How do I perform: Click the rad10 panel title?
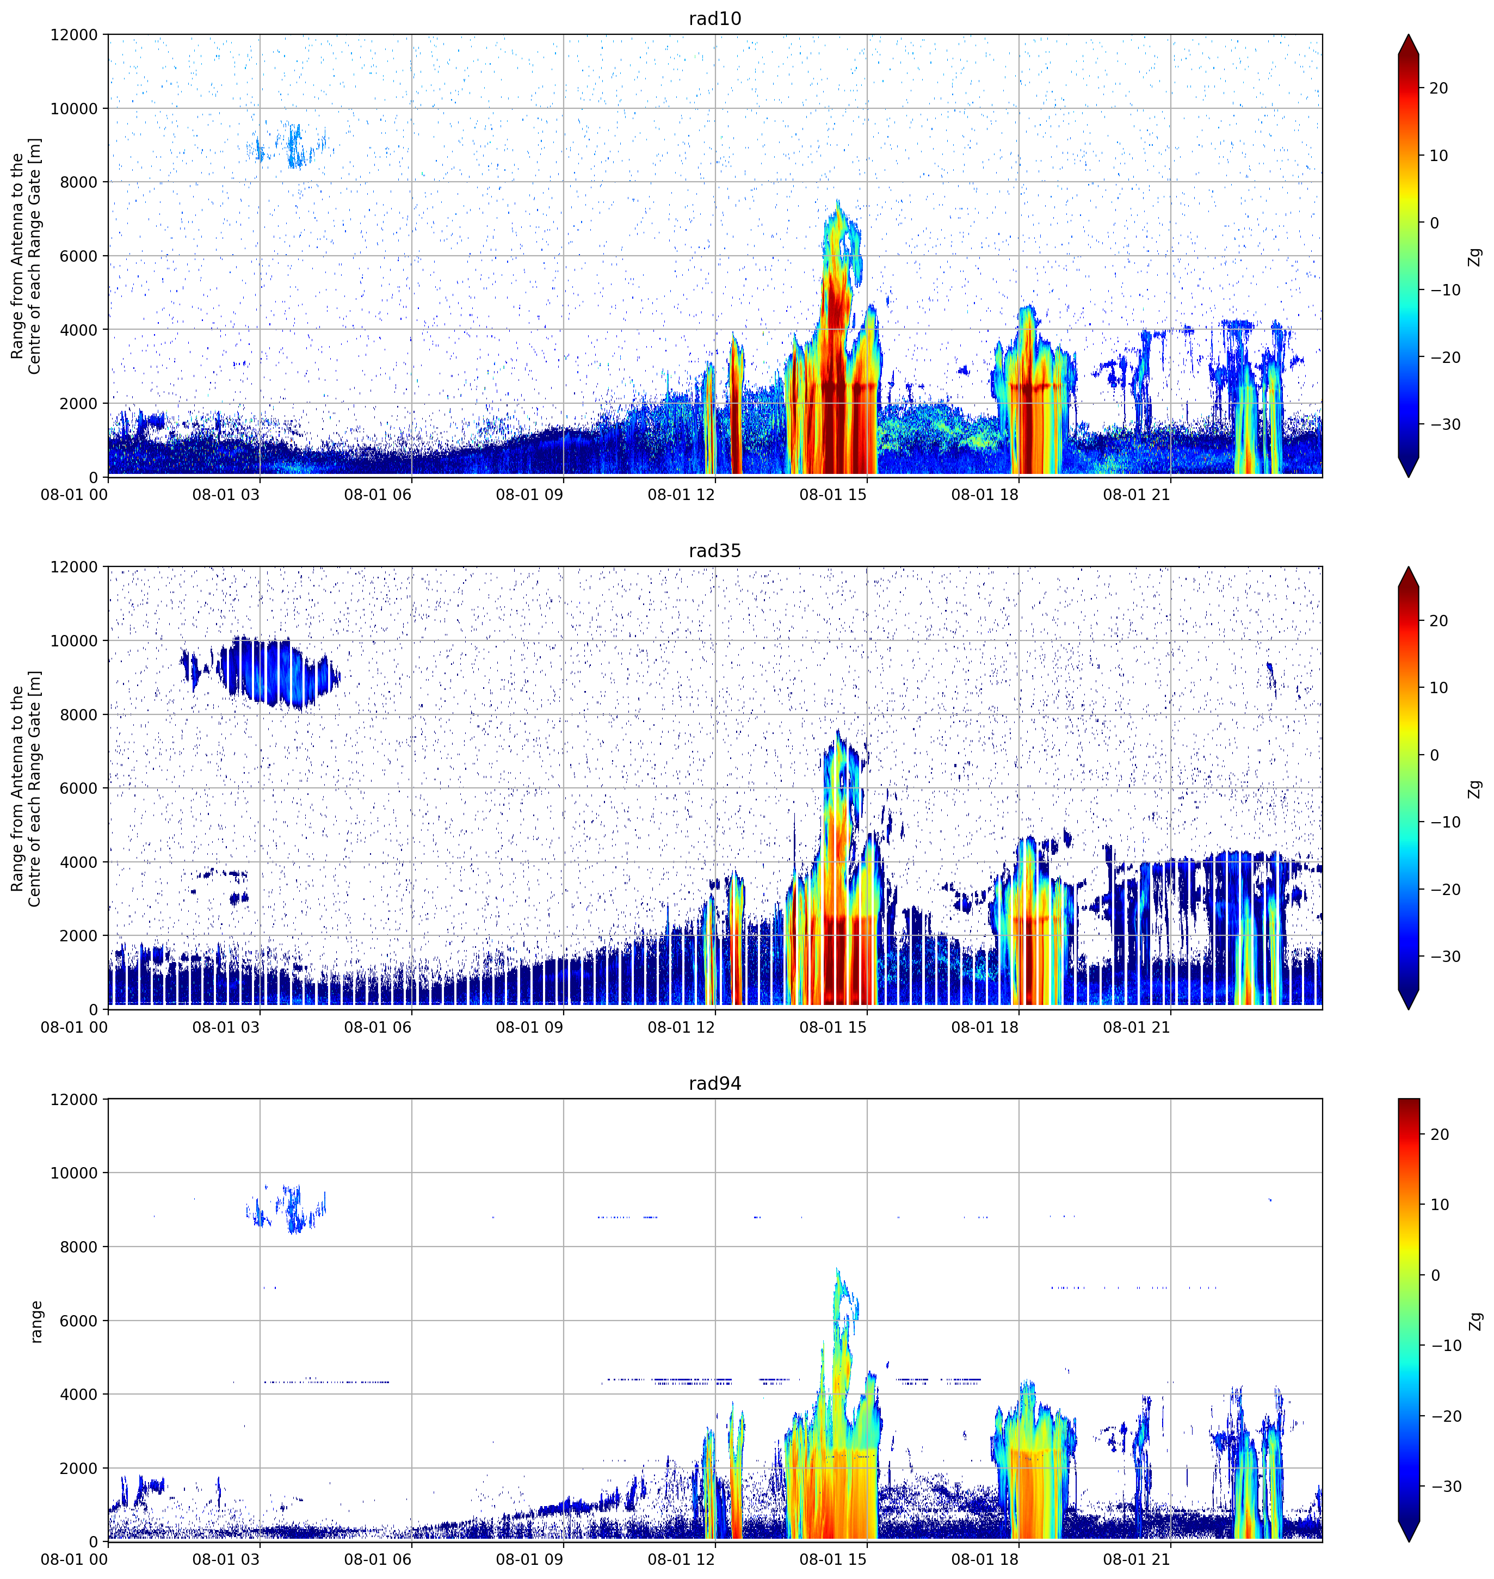(714, 18)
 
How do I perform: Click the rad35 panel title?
(714, 551)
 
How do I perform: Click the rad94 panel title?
(714, 1084)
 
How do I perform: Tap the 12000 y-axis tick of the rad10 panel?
(74, 35)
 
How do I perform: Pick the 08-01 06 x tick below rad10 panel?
(378, 495)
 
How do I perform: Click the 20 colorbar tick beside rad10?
(1439, 88)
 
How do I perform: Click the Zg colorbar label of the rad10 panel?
(1475, 256)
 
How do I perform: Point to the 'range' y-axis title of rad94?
(36, 1322)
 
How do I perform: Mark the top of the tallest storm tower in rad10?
(838, 201)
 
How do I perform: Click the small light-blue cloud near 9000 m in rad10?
(292, 146)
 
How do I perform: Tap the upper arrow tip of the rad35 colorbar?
(1409, 568)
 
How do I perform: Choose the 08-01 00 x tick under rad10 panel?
(74, 495)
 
